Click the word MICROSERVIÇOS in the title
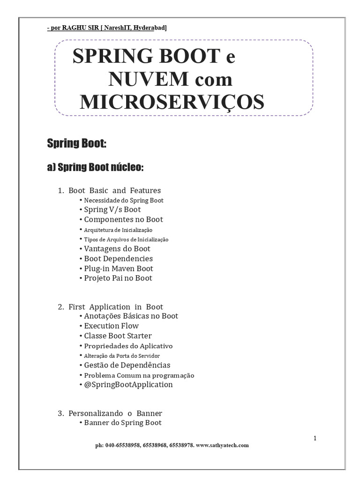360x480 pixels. coord(172,102)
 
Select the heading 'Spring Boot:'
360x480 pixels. coord(77,143)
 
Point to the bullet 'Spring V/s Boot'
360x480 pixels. coord(112,210)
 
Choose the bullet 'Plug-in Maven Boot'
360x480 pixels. coord(119,268)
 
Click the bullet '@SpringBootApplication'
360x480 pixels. coord(128,384)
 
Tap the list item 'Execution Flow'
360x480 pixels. coord(112,326)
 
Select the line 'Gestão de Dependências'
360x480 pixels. coord(127,365)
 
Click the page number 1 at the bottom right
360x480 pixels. coord(315,438)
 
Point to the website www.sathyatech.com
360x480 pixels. coord(222,445)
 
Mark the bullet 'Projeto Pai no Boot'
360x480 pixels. coord(118,278)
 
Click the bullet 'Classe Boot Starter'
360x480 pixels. coord(118,336)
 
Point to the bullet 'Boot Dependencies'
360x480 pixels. coord(118,258)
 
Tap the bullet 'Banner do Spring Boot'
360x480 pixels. coord(123,423)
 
